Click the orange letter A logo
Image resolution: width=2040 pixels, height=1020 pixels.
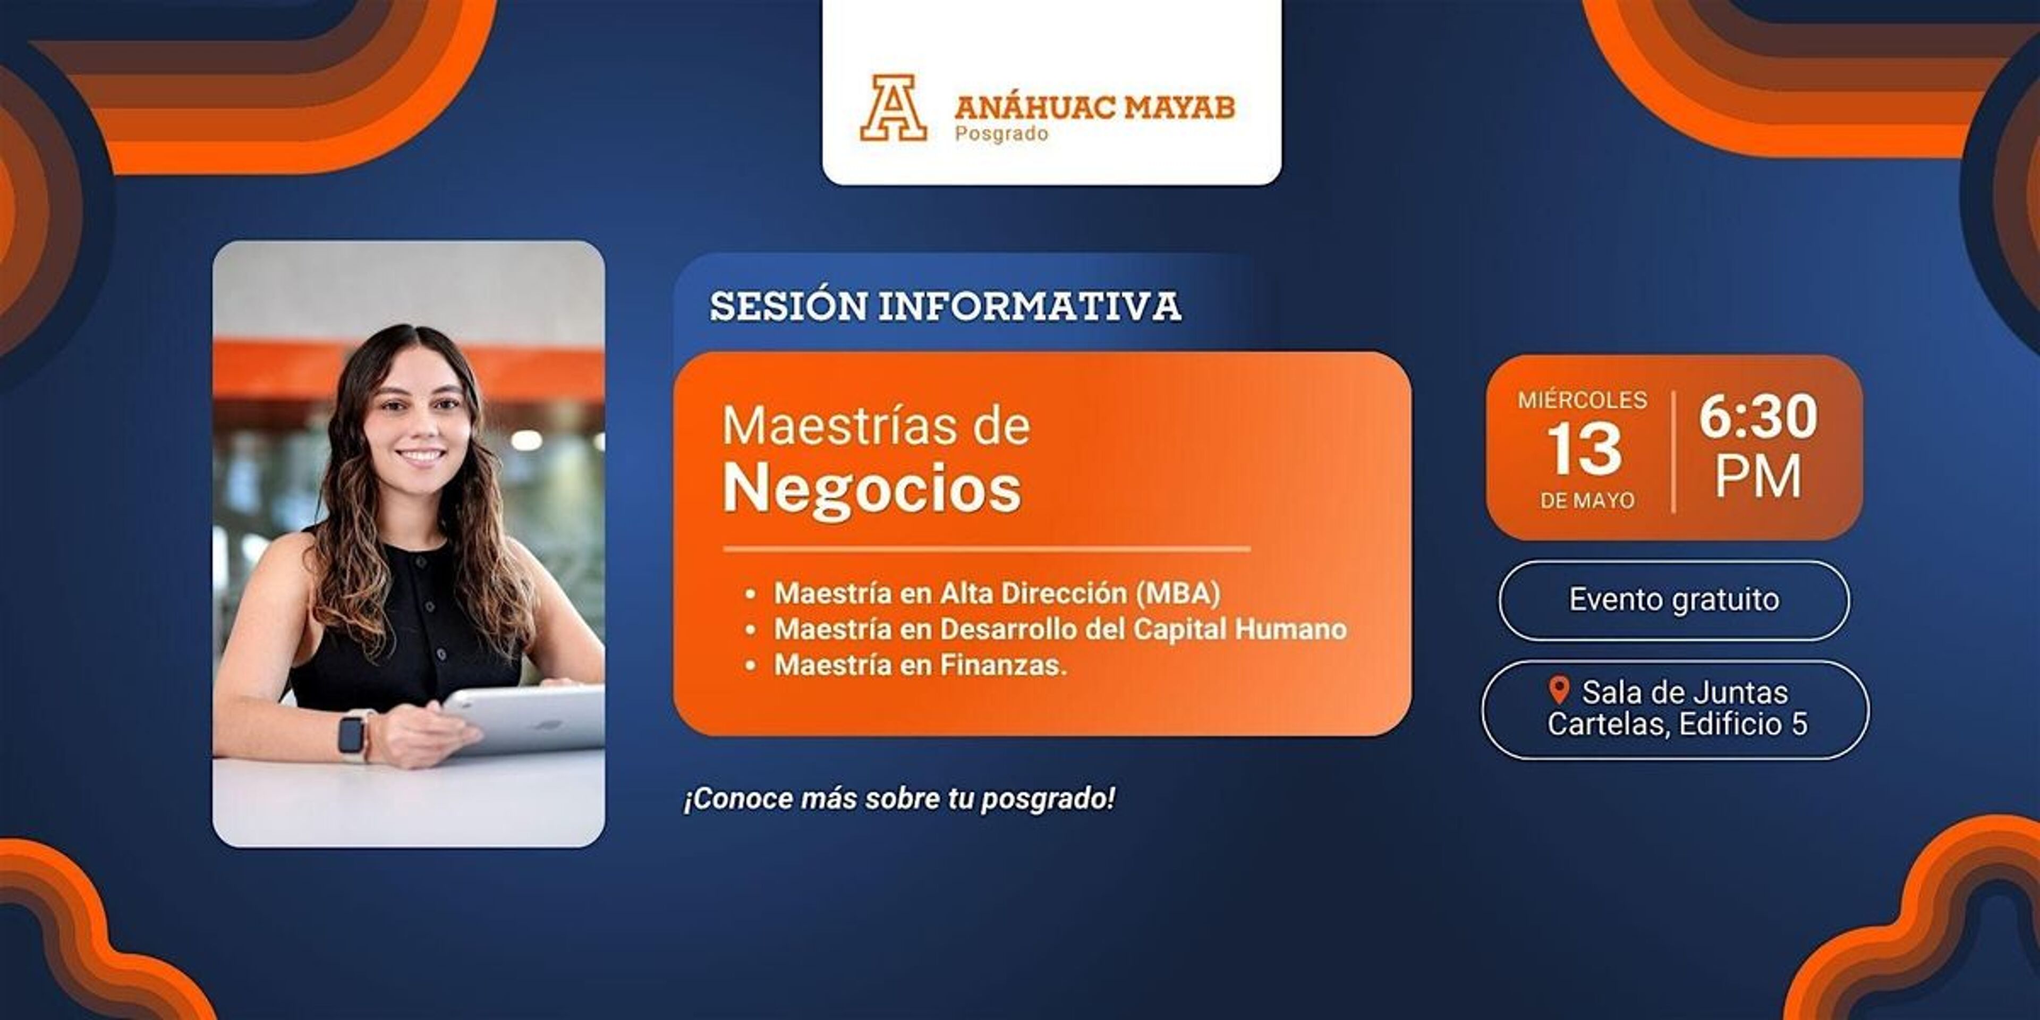pos(893,108)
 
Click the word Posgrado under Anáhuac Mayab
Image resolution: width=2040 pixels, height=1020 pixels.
pos(1001,134)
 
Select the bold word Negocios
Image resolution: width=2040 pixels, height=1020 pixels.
pos(872,489)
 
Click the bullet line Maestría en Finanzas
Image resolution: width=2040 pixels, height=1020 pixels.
pos(920,665)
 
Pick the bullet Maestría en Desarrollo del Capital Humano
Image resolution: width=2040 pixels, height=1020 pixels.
pos(1060,629)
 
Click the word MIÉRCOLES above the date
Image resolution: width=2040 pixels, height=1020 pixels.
pos(1582,400)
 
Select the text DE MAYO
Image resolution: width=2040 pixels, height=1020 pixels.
pos(1587,500)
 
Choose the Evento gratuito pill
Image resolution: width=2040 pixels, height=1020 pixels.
pos(1674,600)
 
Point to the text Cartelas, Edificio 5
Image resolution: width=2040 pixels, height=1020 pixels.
pos(1677,724)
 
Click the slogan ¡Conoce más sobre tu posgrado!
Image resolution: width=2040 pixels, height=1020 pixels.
pos(899,799)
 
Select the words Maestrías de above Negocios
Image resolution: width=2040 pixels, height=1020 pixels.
pos(876,426)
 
